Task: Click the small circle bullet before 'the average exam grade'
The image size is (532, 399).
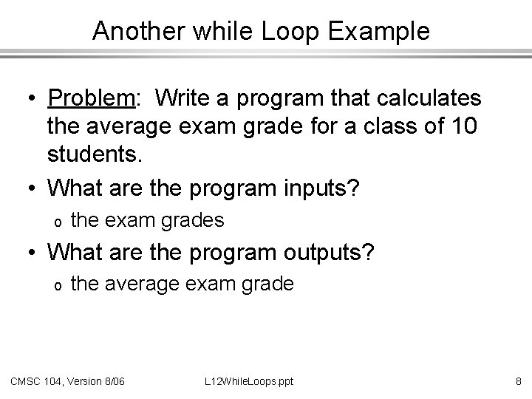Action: (55, 284)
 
